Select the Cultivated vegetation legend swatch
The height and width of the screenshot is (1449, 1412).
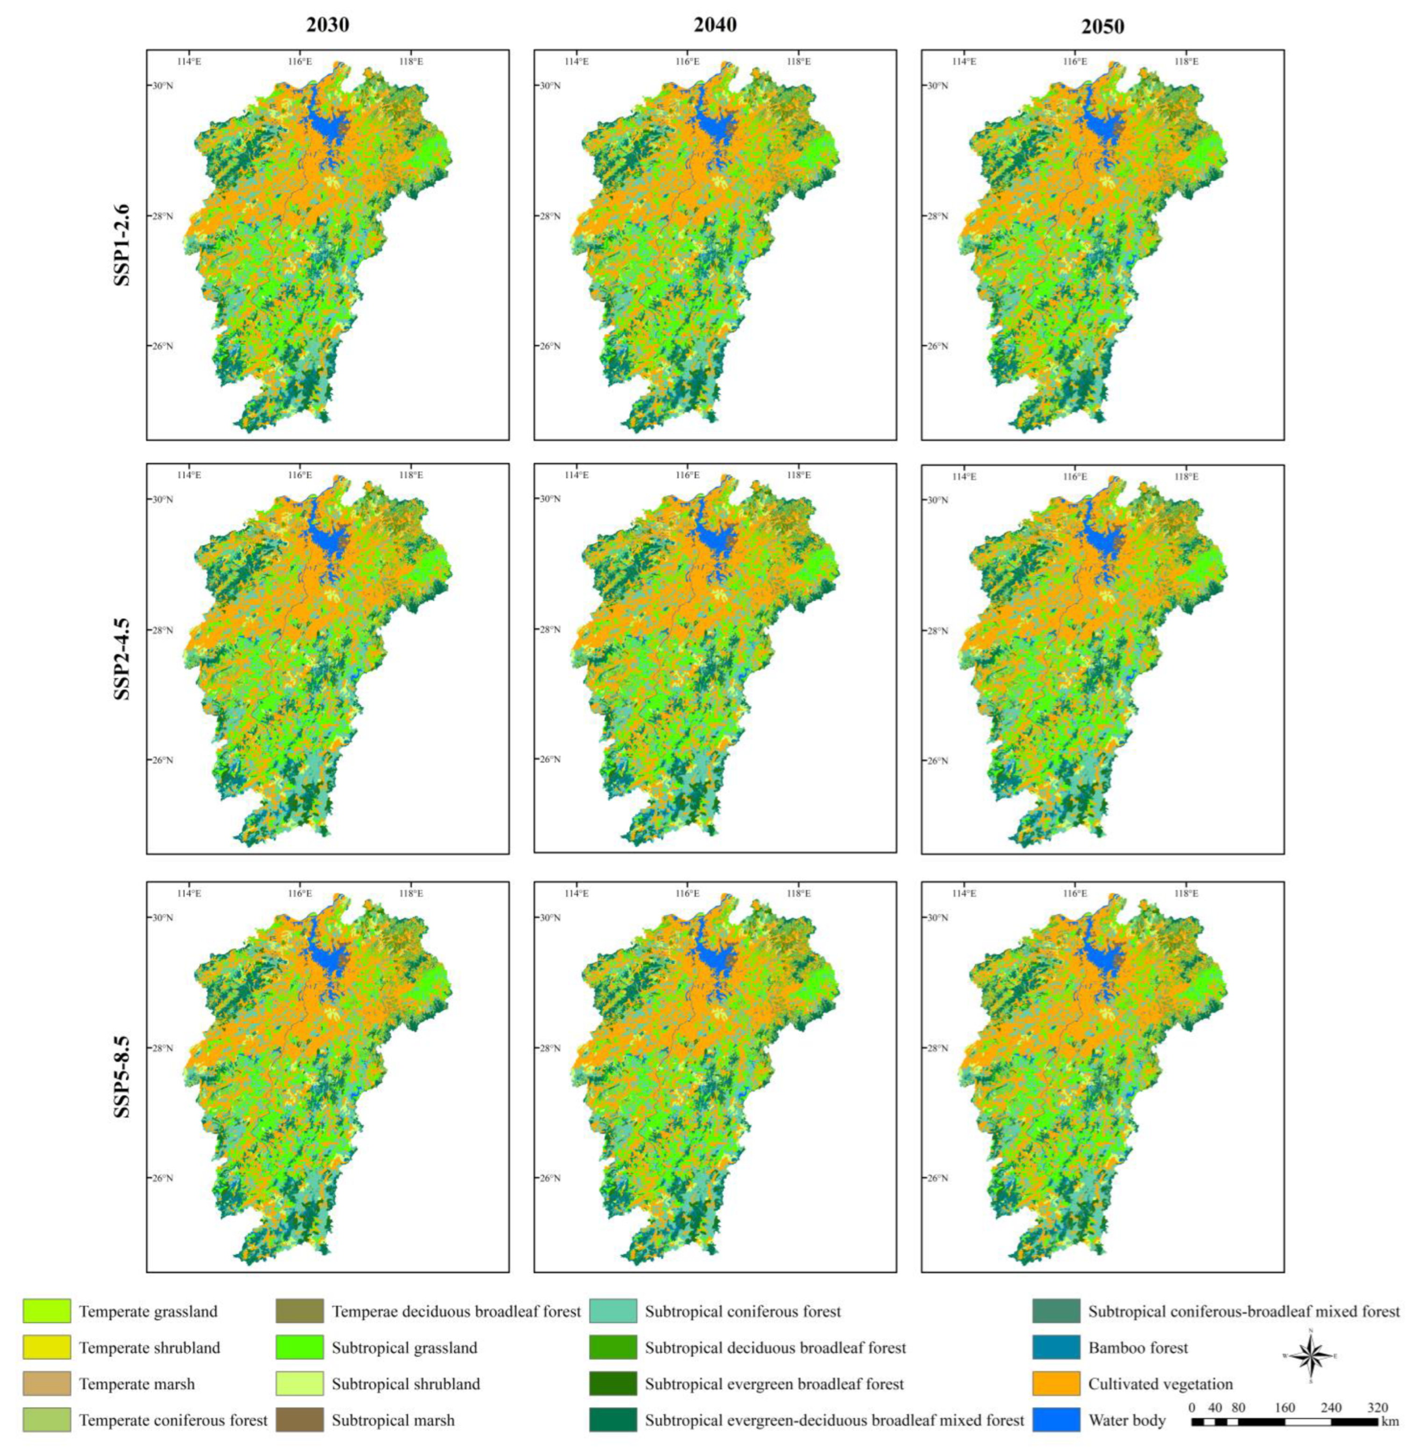click(1056, 1383)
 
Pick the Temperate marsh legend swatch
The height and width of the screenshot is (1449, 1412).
click(47, 1383)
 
